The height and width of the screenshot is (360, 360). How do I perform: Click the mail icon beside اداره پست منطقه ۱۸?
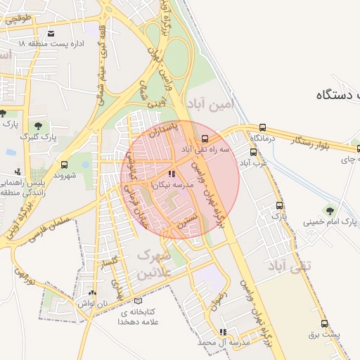(x=51, y=33)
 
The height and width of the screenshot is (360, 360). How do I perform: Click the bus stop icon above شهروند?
(x=65, y=163)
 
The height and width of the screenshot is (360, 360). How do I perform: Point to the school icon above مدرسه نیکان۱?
(x=172, y=173)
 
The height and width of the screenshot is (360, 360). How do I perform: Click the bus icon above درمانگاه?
(x=262, y=128)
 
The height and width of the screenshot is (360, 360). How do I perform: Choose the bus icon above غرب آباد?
(x=253, y=152)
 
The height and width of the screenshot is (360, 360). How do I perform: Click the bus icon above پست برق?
(x=324, y=324)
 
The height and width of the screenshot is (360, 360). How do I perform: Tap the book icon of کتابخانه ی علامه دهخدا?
(x=146, y=301)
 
